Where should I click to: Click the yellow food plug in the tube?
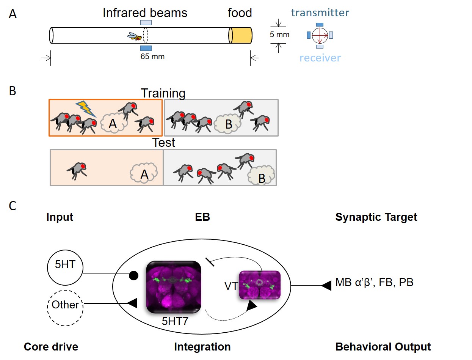pyautogui.click(x=241, y=35)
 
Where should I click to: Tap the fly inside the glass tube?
pyautogui.click(x=135, y=36)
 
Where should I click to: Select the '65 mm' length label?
pyautogui.click(x=153, y=57)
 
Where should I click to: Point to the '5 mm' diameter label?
pyautogui.click(x=279, y=35)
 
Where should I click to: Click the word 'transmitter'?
pyautogui.click(x=320, y=13)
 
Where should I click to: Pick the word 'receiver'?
pyautogui.click(x=320, y=58)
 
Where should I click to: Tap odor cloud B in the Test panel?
pyautogui.click(x=261, y=175)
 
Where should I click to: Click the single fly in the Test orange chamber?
pyautogui.click(x=77, y=169)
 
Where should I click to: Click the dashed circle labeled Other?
pyautogui.click(x=65, y=305)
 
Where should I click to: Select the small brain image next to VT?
pyautogui.click(x=260, y=285)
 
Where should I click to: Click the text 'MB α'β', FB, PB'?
pyautogui.click(x=374, y=283)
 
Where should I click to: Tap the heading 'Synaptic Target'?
pyautogui.click(x=376, y=217)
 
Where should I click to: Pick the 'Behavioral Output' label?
pyautogui.click(x=383, y=347)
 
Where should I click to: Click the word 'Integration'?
pyautogui.click(x=202, y=347)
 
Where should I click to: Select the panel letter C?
pyautogui.click(x=13, y=206)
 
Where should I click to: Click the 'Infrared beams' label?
pyautogui.click(x=145, y=13)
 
